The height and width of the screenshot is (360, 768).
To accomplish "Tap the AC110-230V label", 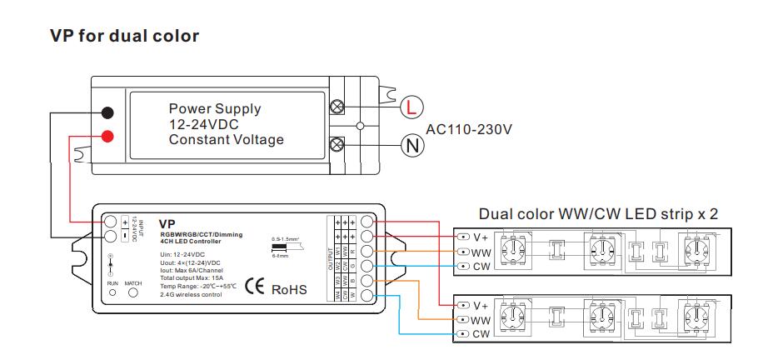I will coord(468,130).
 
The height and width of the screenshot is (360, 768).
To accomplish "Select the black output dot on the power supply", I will coord(107,113).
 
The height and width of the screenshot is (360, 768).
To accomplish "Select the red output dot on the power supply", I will coord(107,137).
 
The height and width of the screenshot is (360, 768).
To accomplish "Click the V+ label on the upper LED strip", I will coord(480,236).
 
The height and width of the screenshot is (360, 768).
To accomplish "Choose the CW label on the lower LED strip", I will coord(481,334).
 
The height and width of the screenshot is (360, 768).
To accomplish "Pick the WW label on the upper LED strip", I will coord(481,252).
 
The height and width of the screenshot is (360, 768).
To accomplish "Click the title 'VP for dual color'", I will coord(124,36).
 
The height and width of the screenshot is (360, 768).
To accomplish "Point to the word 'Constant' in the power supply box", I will coord(196,140).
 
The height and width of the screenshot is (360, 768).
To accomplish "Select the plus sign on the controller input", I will coord(125,222).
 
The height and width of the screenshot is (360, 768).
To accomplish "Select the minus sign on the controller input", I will coord(125,237).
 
